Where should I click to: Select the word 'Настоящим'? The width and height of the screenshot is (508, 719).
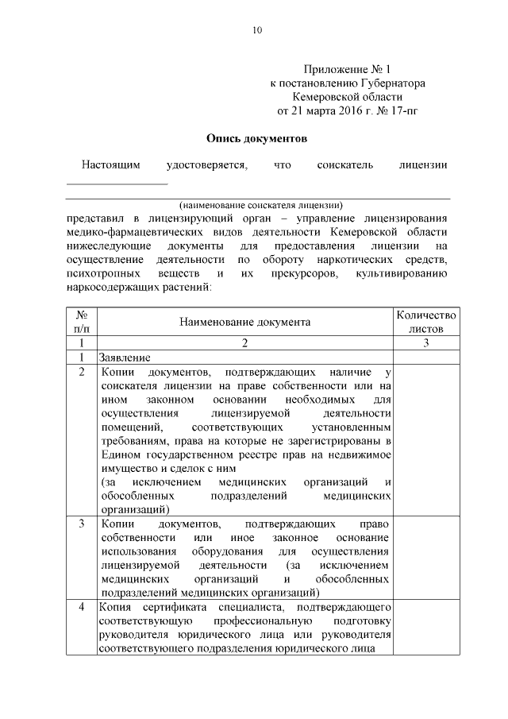111,165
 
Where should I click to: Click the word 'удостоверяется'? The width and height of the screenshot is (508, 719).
206,165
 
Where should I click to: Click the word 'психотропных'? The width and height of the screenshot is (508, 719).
104,273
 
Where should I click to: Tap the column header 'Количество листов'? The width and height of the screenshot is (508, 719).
426,322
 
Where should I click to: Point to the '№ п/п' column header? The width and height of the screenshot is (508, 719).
82,322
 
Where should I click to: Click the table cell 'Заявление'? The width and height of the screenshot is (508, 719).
125,357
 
